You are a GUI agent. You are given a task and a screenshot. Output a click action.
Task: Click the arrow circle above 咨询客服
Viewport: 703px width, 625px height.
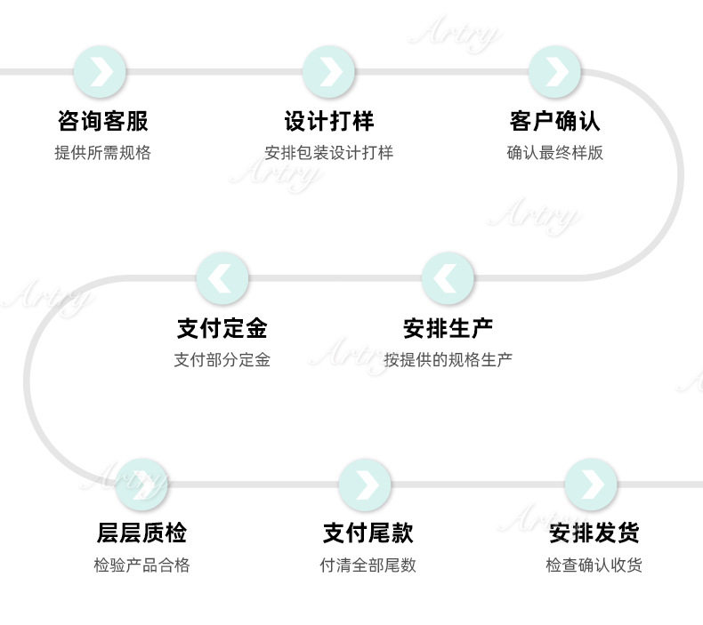(100, 72)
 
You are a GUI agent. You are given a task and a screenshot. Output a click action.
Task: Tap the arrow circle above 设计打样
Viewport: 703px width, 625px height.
(328, 72)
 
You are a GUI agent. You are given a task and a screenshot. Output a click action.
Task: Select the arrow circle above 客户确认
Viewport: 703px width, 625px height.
(554, 72)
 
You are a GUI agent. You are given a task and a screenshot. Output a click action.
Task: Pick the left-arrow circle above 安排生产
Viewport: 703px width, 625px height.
(448, 278)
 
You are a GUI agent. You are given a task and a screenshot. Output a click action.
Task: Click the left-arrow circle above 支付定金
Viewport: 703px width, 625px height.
(222, 278)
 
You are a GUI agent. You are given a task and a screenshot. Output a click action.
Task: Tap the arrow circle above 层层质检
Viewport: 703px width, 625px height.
(141, 485)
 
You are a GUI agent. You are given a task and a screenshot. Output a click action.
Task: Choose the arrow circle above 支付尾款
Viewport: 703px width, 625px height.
(365, 485)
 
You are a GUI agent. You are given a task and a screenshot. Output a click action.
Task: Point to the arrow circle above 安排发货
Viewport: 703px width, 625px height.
(591, 485)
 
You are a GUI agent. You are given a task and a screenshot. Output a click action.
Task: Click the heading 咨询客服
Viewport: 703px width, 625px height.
(102, 121)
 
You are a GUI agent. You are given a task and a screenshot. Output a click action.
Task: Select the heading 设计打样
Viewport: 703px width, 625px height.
(328, 121)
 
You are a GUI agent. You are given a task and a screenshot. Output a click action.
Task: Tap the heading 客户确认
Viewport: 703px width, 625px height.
(554, 121)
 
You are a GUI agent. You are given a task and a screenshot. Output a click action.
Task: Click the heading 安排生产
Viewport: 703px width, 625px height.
(448, 328)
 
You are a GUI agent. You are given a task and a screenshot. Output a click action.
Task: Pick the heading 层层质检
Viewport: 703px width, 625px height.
(141, 533)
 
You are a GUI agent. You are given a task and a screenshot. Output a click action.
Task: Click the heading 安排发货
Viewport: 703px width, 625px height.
(594, 533)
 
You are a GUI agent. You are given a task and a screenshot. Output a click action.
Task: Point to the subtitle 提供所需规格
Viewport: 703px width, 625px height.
(102, 153)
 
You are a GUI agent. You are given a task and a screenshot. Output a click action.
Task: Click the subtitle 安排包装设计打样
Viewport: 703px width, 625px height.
(328, 153)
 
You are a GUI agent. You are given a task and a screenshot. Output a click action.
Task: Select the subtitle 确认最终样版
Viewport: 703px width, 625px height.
(554, 153)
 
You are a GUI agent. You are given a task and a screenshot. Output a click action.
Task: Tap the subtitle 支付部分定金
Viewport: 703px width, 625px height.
(222, 360)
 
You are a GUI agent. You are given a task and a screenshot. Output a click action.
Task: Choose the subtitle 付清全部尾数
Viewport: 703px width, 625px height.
(368, 565)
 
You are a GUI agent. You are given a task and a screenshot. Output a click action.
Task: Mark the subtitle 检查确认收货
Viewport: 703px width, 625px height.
(594, 565)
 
